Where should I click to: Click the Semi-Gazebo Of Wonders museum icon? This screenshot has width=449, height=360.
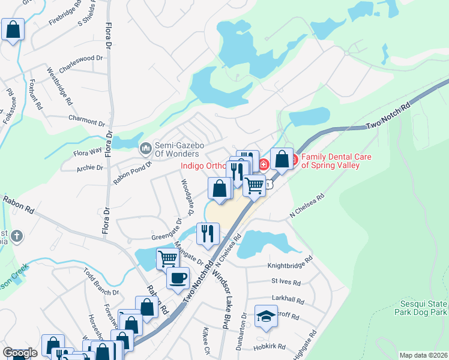[x=145, y=148]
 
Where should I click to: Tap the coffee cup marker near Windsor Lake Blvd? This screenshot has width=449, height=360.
[x=178, y=278]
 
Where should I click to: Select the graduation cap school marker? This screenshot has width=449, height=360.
[x=266, y=315]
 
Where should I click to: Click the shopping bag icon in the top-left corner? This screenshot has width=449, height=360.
[x=13, y=29]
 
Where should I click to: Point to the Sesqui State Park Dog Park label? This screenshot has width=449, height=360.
[x=420, y=308]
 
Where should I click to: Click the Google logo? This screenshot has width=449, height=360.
[x=20, y=353]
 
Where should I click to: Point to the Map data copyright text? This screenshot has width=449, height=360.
[x=423, y=355]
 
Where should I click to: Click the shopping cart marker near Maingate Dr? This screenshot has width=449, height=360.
[x=168, y=259]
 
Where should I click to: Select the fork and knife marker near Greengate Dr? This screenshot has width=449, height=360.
[x=208, y=232]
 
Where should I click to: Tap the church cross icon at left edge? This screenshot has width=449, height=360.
[x=17, y=236]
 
